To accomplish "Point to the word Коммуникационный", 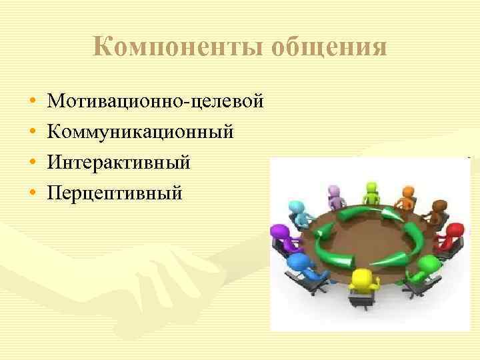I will pyautogui.click(x=141, y=132).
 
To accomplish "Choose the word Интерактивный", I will pyautogui.click(x=119, y=162).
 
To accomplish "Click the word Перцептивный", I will pyautogui.click(x=115, y=192).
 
